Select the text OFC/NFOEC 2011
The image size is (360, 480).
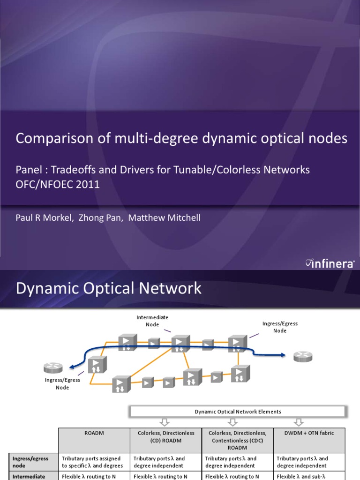[58, 184]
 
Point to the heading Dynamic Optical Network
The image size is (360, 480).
[109, 288]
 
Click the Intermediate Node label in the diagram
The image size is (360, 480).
[152, 321]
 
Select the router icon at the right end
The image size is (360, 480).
[302, 357]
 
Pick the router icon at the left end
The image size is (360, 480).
[53, 367]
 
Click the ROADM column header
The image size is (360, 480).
[94, 433]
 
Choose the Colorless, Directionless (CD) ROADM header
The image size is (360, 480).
[166, 436]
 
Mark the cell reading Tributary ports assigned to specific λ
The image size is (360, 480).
[92, 462]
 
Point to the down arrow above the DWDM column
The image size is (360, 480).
[299, 422]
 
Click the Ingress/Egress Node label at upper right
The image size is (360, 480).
[279, 327]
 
